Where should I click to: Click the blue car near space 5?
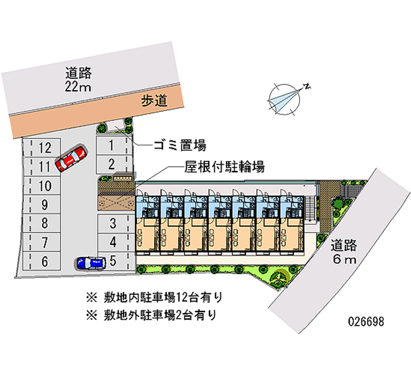[90, 263]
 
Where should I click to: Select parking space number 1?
[112, 145]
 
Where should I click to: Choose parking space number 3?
[113, 224]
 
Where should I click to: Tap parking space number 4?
[113, 242]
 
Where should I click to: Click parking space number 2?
[112, 164]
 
